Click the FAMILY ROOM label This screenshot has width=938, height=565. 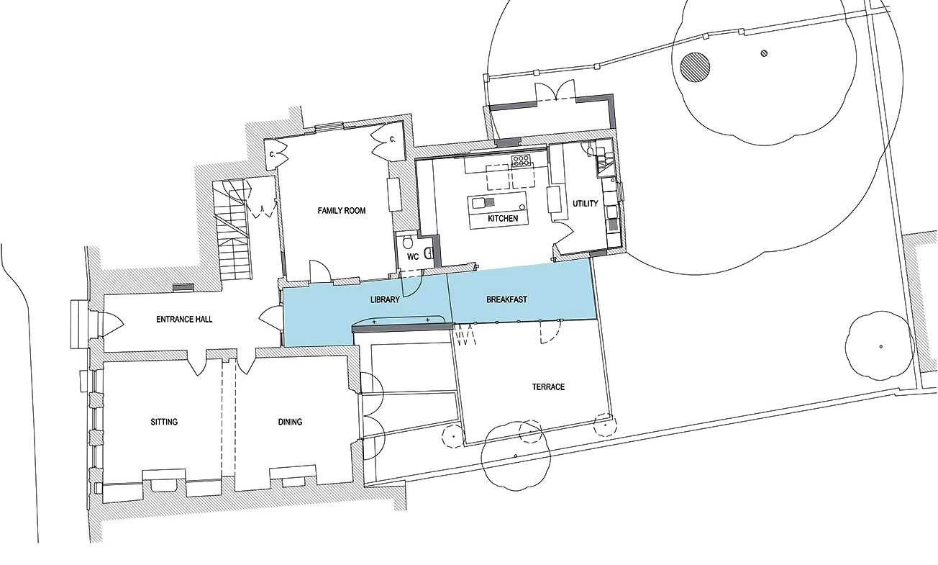coord(342,211)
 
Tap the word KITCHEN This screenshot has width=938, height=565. coord(503,218)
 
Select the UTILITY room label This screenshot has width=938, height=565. coord(585,204)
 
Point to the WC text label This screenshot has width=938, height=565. coord(412,256)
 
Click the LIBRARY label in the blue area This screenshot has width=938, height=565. coord(385,299)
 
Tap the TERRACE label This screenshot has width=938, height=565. coord(548,387)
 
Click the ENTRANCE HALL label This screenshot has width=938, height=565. coord(184,319)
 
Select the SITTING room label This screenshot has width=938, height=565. coord(164,422)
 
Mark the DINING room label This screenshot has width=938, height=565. coord(290,422)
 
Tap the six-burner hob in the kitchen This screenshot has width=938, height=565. coord(520,160)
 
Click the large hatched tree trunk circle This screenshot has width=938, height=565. coord(695,67)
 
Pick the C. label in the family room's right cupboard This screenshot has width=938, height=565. coord(393,139)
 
